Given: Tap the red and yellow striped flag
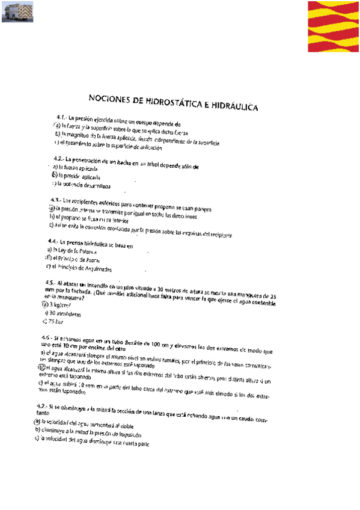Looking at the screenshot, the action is (x=334, y=27).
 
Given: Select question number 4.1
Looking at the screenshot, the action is (x=61, y=117).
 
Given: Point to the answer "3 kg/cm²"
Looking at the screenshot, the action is (x=59, y=305).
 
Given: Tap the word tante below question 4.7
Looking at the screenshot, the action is (x=41, y=415).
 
